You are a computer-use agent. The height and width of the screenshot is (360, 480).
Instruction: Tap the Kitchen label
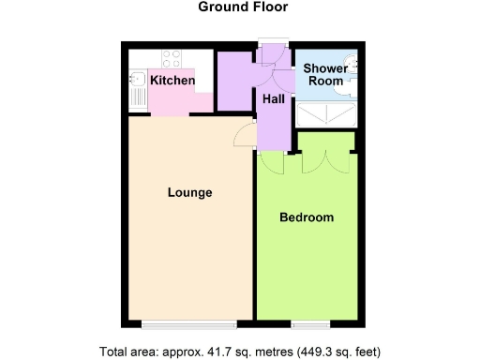click(173, 81)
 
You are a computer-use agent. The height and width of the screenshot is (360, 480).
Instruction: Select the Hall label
click(274, 97)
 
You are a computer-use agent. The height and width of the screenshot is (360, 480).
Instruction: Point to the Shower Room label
click(323, 75)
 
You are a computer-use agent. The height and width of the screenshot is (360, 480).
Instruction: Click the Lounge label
click(189, 193)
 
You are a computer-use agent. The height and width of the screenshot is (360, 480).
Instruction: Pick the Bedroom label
click(307, 217)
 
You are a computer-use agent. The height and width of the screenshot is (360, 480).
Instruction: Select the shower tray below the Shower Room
click(324, 113)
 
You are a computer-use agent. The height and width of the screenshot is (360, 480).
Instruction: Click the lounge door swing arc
click(242, 136)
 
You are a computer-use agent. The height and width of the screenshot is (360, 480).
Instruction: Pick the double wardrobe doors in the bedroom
click(325, 161)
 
